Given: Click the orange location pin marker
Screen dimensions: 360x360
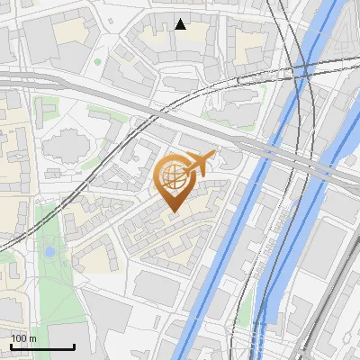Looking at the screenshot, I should click(173, 180).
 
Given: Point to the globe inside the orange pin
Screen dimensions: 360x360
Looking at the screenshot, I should click(172, 175).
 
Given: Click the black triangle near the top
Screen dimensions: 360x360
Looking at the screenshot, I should click(181, 24).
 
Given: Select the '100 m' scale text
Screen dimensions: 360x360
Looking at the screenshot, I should click(23, 338).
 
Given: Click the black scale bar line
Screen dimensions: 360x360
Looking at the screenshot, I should click(42, 347).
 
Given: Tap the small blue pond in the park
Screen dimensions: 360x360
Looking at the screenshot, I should click(49, 252).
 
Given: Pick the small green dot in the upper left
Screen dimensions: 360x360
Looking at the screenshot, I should click(97, 62).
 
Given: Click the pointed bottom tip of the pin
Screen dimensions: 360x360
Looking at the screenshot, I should click(173, 210).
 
